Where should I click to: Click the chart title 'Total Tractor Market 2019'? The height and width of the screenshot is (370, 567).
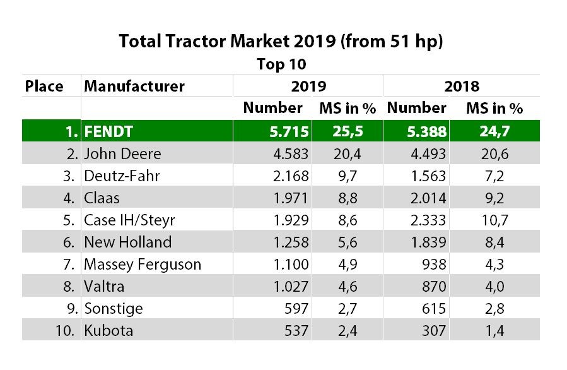(281, 43)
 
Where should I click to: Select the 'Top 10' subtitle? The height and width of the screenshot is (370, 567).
(281, 64)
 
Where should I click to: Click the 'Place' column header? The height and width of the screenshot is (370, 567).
(44, 86)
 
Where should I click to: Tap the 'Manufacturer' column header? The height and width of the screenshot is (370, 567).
(134, 86)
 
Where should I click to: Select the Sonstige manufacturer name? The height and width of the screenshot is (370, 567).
(114, 308)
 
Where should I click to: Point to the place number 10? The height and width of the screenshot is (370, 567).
(67, 330)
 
